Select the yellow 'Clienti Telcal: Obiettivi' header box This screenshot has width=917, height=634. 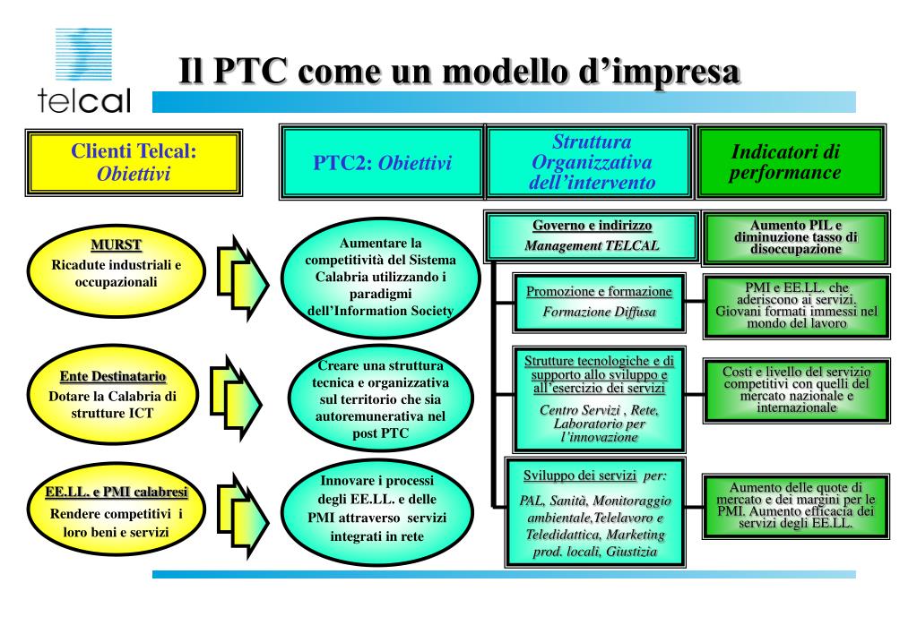point(134,162)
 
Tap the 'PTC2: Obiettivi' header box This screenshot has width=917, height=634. point(382,162)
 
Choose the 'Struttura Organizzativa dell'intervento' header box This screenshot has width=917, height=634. point(591,162)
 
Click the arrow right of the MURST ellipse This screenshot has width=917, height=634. point(240,270)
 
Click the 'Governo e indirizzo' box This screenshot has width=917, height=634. point(592,236)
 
